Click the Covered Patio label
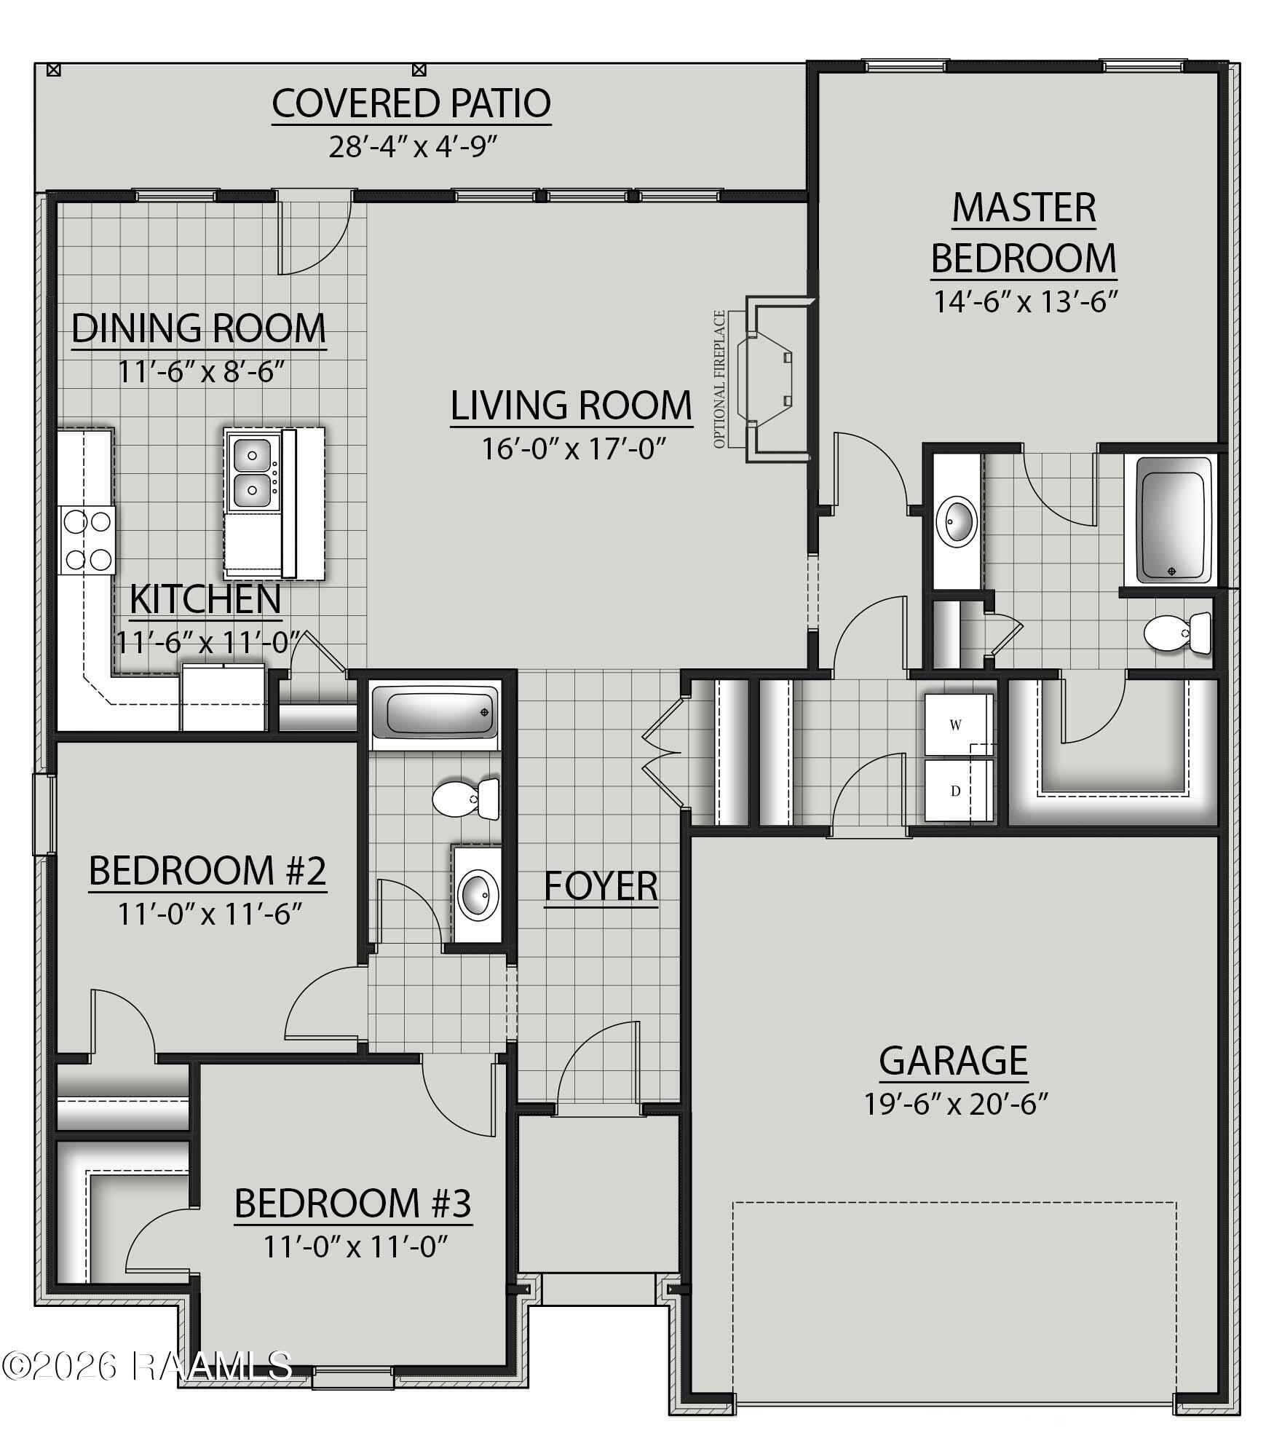(x=411, y=103)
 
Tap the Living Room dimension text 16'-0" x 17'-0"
(x=574, y=449)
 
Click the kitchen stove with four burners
(x=87, y=540)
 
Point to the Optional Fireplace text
(x=720, y=379)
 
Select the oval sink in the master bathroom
(x=957, y=521)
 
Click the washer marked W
(x=958, y=724)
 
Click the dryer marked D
(x=958, y=791)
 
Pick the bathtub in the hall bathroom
(x=435, y=714)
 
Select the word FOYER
(x=601, y=886)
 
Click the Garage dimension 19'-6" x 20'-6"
(x=956, y=1104)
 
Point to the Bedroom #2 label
(x=207, y=871)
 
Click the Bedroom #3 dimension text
(x=355, y=1247)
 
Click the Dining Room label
(x=199, y=328)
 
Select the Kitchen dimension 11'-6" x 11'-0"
(x=208, y=642)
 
